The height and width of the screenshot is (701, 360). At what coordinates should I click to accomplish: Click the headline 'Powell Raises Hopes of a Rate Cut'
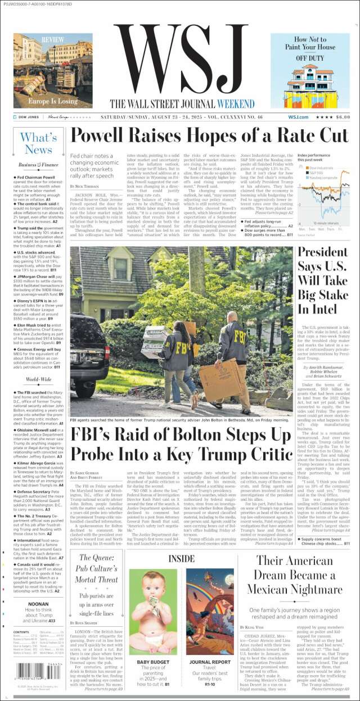(x=209, y=136)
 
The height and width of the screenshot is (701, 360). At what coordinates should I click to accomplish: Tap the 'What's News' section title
(x=38, y=144)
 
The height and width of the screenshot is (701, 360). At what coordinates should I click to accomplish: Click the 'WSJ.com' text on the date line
(x=298, y=117)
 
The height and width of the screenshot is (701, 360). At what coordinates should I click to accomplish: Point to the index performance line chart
(x=323, y=196)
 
